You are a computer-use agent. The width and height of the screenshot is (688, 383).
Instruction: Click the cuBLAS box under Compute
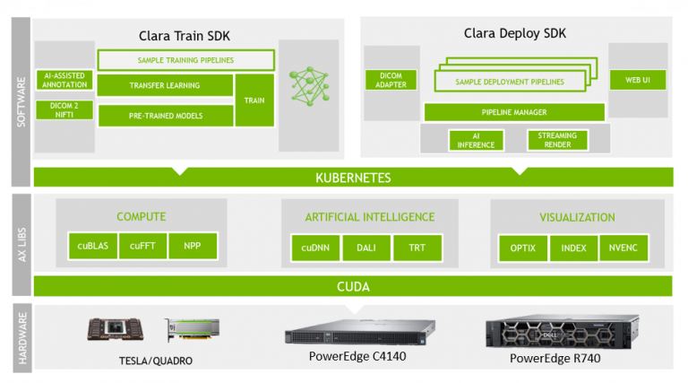click(93, 247)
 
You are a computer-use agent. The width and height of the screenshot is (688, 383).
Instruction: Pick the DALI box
click(365, 248)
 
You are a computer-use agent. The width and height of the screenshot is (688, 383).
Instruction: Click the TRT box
click(417, 248)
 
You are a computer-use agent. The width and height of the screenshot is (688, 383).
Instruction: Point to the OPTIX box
click(523, 248)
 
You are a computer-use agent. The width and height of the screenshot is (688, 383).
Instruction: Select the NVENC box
click(623, 248)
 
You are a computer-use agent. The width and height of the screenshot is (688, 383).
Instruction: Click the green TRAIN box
click(254, 100)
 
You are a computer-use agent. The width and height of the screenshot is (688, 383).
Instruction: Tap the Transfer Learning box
click(163, 86)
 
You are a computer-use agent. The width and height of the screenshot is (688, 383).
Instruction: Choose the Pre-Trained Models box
click(163, 116)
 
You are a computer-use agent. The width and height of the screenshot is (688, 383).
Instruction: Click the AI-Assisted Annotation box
click(64, 81)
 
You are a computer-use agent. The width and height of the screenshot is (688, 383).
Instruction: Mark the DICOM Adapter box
click(386, 81)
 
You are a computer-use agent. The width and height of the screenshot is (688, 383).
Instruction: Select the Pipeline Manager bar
click(514, 112)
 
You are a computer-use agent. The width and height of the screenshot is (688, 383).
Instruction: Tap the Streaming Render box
click(557, 140)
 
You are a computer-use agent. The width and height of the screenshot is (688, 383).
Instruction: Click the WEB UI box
click(638, 81)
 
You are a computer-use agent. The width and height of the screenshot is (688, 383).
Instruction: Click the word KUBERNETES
click(353, 178)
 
